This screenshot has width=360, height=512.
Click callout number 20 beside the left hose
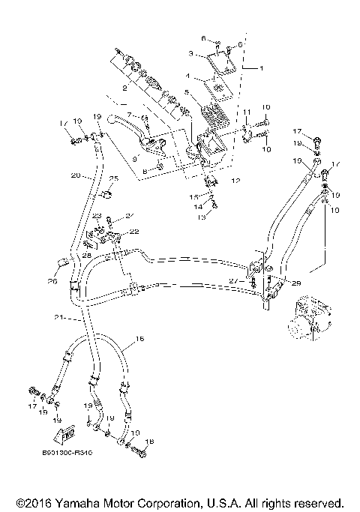click(x=75, y=175)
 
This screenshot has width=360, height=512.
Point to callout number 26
click(x=52, y=281)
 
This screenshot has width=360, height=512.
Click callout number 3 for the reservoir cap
click(x=191, y=54)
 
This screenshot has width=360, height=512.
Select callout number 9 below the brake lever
click(x=135, y=158)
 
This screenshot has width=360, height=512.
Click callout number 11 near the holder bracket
click(x=244, y=112)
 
